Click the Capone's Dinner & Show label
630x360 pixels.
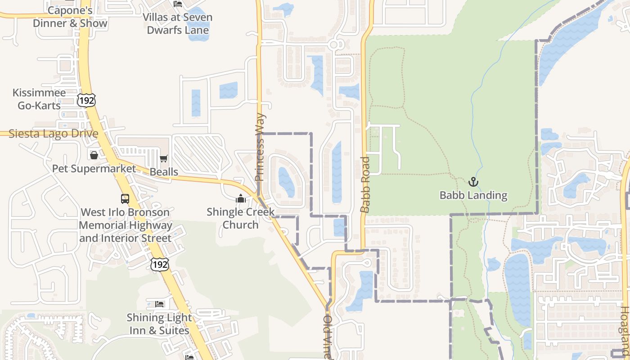(70, 17)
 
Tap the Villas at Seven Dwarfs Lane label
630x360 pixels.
(178, 24)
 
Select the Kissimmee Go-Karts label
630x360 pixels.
(39, 99)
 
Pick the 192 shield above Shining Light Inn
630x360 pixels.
(160, 264)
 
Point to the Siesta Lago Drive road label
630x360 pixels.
(53, 134)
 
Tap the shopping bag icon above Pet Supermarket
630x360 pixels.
(94, 155)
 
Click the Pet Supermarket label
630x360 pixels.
(94, 169)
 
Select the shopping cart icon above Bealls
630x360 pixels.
(163, 159)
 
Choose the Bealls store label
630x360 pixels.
(164, 172)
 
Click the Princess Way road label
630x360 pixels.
(260, 148)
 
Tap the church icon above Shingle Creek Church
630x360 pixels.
(241, 198)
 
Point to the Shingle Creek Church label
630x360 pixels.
(241, 218)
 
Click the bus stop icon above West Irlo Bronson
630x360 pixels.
(125, 198)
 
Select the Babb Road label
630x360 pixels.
(365, 184)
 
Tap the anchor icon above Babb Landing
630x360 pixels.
(473, 182)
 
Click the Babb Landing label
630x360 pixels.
(473, 195)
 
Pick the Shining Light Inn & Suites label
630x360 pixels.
(159, 324)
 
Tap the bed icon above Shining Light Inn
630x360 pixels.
(159, 304)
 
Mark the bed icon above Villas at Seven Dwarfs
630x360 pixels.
(178, 4)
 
